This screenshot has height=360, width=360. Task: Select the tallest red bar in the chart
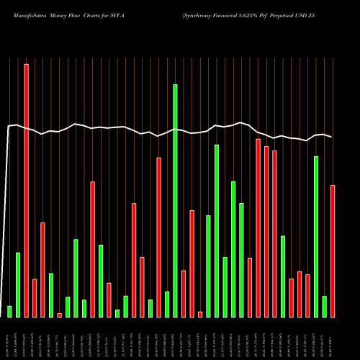coord(27,190)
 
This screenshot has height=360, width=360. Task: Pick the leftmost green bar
coord(10,311)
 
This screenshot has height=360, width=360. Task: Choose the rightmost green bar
coord(324,306)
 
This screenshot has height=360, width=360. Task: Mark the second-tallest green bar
coord(217,230)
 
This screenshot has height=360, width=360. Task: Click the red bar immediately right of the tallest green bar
coord(184,293)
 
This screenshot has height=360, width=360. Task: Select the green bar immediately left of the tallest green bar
coord(167,304)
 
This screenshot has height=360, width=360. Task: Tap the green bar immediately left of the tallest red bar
coord(18,284)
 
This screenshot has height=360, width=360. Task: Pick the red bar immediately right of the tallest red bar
coord(35,297)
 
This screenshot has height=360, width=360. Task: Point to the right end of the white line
coord(332,137)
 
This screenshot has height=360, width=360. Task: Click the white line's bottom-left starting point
coord(1,317)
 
